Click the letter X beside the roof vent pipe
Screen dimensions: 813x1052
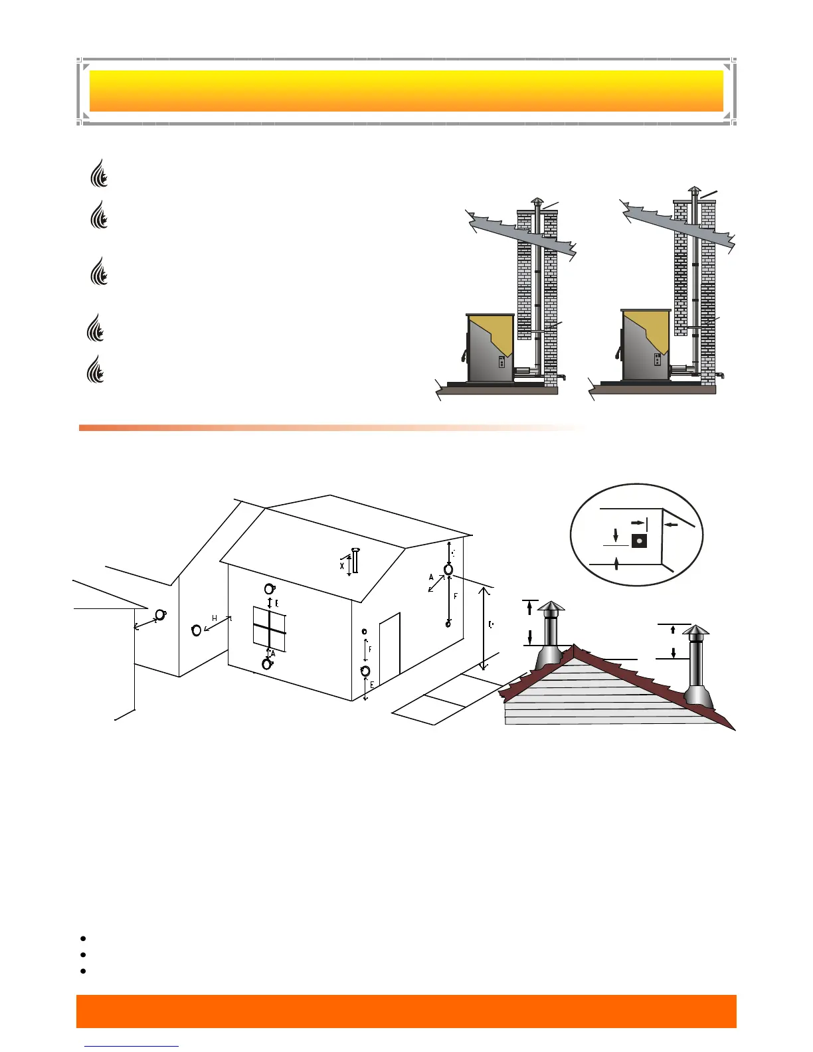(342, 566)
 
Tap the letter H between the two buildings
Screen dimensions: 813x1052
(215, 618)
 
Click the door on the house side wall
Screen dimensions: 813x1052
(390, 645)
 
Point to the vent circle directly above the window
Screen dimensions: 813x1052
(269, 589)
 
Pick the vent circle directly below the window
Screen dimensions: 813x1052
(267, 663)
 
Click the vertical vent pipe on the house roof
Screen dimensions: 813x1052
(355, 561)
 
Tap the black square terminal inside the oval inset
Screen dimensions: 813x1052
(639, 541)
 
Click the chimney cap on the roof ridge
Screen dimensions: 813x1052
(551, 607)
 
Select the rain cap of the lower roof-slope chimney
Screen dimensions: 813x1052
(695, 630)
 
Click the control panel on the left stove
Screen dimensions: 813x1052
(502, 363)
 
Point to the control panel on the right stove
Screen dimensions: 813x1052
(657, 360)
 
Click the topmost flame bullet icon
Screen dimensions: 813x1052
(99, 173)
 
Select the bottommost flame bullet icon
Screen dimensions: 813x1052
(97, 369)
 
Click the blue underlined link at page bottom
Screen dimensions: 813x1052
(132, 1046)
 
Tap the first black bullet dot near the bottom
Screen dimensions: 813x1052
(83, 938)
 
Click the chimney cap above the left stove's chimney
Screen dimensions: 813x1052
(537, 202)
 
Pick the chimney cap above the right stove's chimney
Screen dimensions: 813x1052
(693, 191)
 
